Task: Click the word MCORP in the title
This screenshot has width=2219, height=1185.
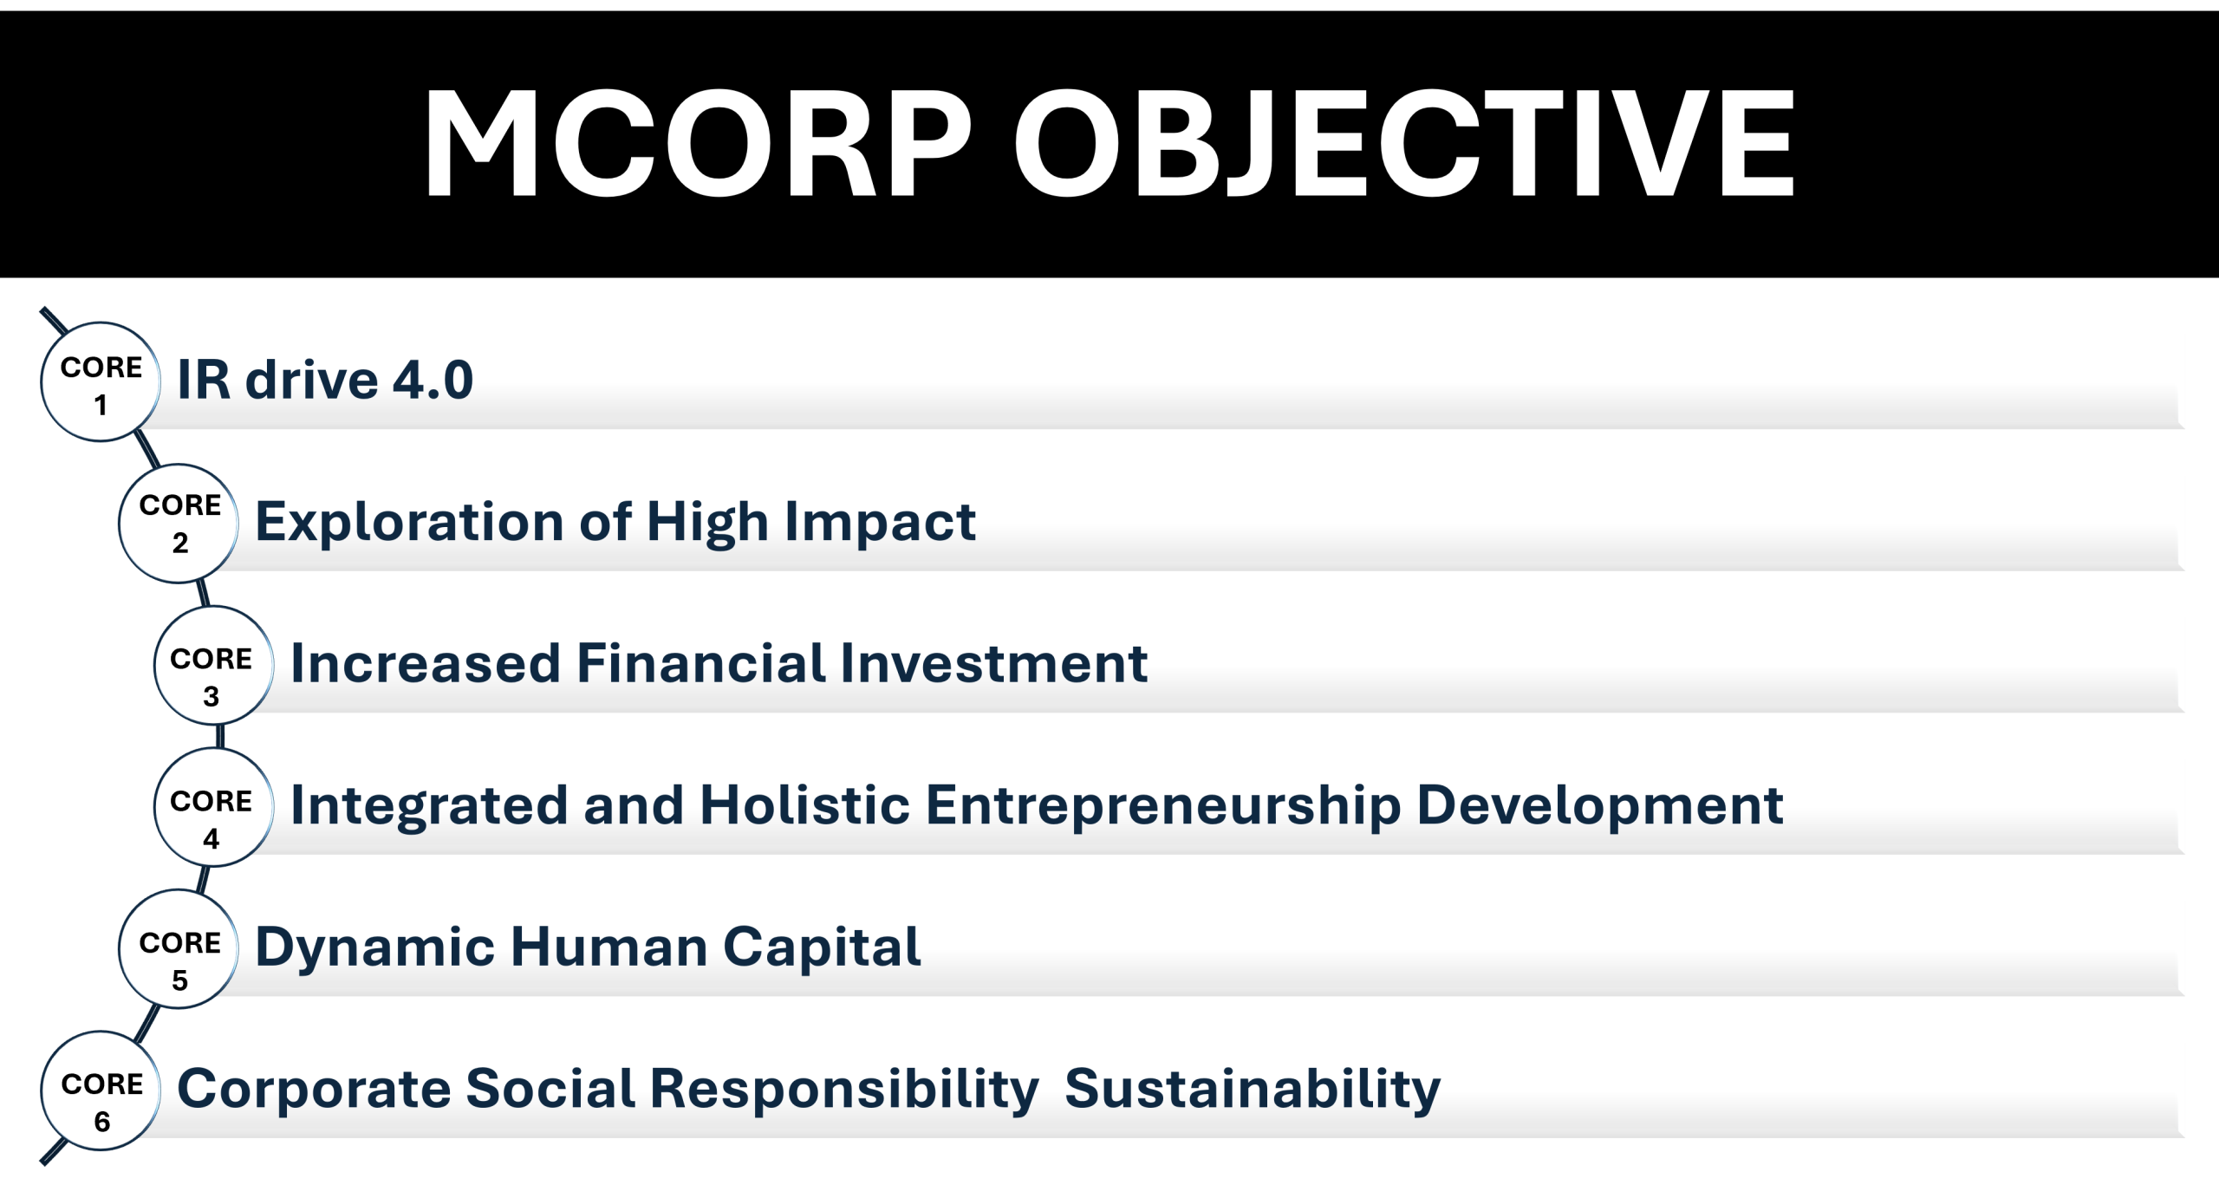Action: pyautogui.click(x=698, y=143)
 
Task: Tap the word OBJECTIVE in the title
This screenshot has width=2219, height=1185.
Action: pyautogui.click(x=1404, y=143)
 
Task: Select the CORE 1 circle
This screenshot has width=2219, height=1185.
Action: pyautogui.click(x=101, y=382)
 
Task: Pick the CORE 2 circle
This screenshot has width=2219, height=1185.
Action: pyautogui.click(x=179, y=524)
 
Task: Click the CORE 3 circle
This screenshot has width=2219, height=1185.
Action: pyautogui.click(x=214, y=665)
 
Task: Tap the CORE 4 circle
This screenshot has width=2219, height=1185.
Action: pyautogui.click(x=214, y=807)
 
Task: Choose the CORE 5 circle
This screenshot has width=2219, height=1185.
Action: pyautogui.click(x=179, y=949)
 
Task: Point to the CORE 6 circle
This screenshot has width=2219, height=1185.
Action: pyautogui.click(x=101, y=1091)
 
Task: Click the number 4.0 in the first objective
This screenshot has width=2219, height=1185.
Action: pyautogui.click(x=433, y=380)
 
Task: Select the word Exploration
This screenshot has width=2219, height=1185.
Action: pyautogui.click(x=409, y=522)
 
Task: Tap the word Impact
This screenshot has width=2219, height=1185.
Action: pyautogui.click(x=881, y=522)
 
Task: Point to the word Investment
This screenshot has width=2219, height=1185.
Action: pyautogui.click(x=994, y=663)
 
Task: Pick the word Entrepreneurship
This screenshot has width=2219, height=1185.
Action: pyautogui.click(x=1163, y=805)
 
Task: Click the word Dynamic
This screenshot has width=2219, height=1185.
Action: pyautogui.click(x=375, y=947)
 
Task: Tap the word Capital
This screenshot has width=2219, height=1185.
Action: pyautogui.click(x=822, y=947)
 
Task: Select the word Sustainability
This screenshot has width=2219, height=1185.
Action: pyautogui.click(x=1253, y=1089)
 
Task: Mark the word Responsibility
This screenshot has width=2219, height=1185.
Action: pyautogui.click(x=845, y=1089)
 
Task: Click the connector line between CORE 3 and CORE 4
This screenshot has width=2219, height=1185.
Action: pyautogui.click(x=220, y=736)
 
